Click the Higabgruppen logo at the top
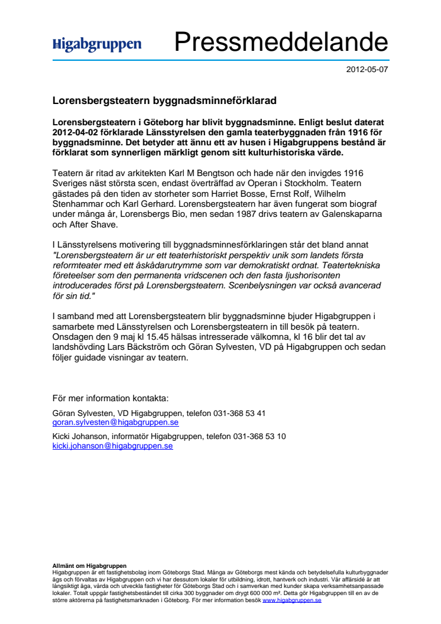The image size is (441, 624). pos(97,44)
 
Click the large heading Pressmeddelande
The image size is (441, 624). pos(280,43)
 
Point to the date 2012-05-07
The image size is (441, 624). pos(367,69)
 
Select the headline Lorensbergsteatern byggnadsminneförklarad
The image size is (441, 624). pos(164,101)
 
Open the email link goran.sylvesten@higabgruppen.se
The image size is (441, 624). pos(115,422)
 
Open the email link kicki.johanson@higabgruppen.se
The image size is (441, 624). pos(112,446)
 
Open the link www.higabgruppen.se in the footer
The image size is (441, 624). pos(291,600)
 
